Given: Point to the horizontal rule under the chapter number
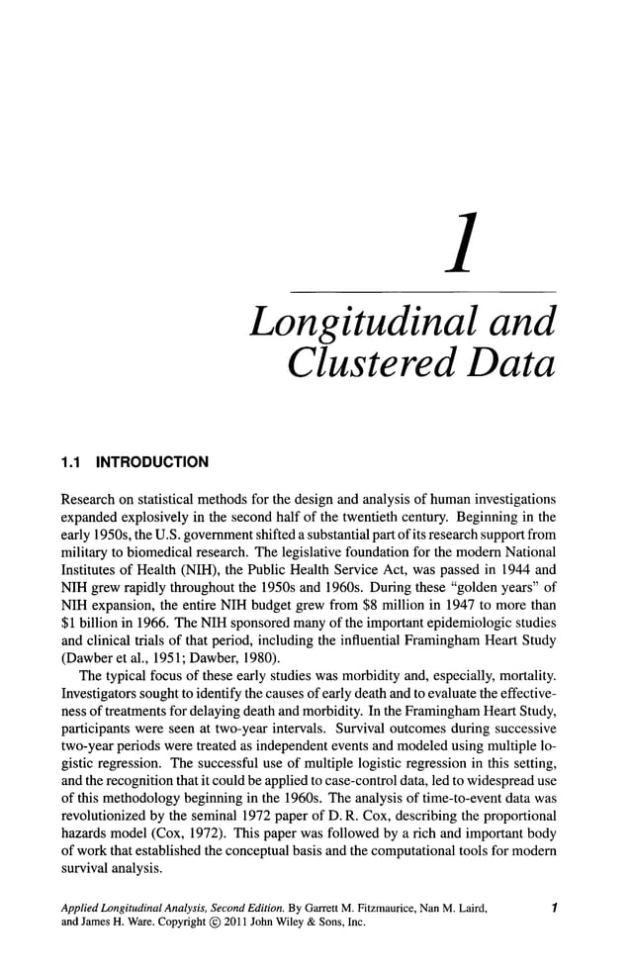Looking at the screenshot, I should [421, 291].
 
